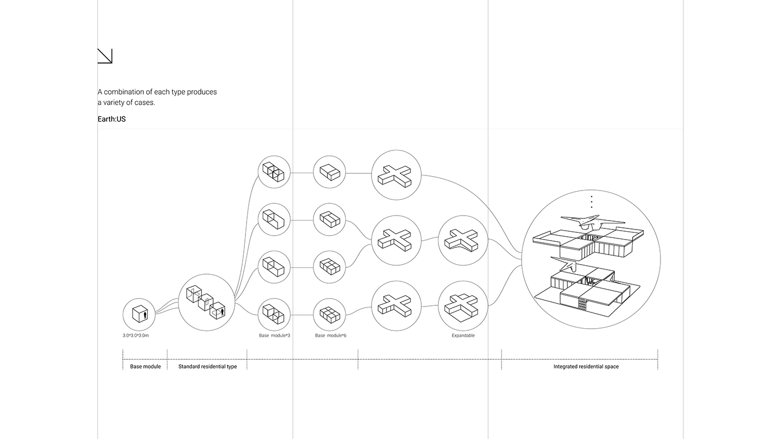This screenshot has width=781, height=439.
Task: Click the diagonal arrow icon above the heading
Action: [x=105, y=56]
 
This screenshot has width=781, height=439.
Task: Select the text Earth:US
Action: [x=112, y=119]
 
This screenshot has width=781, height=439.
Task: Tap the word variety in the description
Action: [x=118, y=103]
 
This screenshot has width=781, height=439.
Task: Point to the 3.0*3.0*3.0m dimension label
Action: [x=136, y=335]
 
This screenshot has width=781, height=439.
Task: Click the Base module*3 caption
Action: [x=274, y=335]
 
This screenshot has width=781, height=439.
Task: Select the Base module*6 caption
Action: [x=330, y=335]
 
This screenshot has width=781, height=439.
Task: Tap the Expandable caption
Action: [x=463, y=335]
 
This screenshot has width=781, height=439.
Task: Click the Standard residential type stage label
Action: [x=208, y=367]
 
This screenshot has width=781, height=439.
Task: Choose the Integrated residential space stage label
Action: [x=586, y=367]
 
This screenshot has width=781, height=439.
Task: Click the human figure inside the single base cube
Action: [x=146, y=315]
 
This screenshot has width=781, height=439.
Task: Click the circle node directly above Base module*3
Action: [x=274, y=315]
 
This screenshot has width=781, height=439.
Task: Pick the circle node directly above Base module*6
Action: [x=330, y=315]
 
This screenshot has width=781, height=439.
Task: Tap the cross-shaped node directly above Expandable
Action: [x=463, y=305]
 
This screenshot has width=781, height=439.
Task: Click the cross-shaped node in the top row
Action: [x=396, y=174]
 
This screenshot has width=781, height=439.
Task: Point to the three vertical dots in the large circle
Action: [x=591, y=202]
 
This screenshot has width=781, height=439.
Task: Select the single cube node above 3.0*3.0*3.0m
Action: [x=139, y=314]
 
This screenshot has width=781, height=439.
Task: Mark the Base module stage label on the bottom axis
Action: [x=145, y=367]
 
